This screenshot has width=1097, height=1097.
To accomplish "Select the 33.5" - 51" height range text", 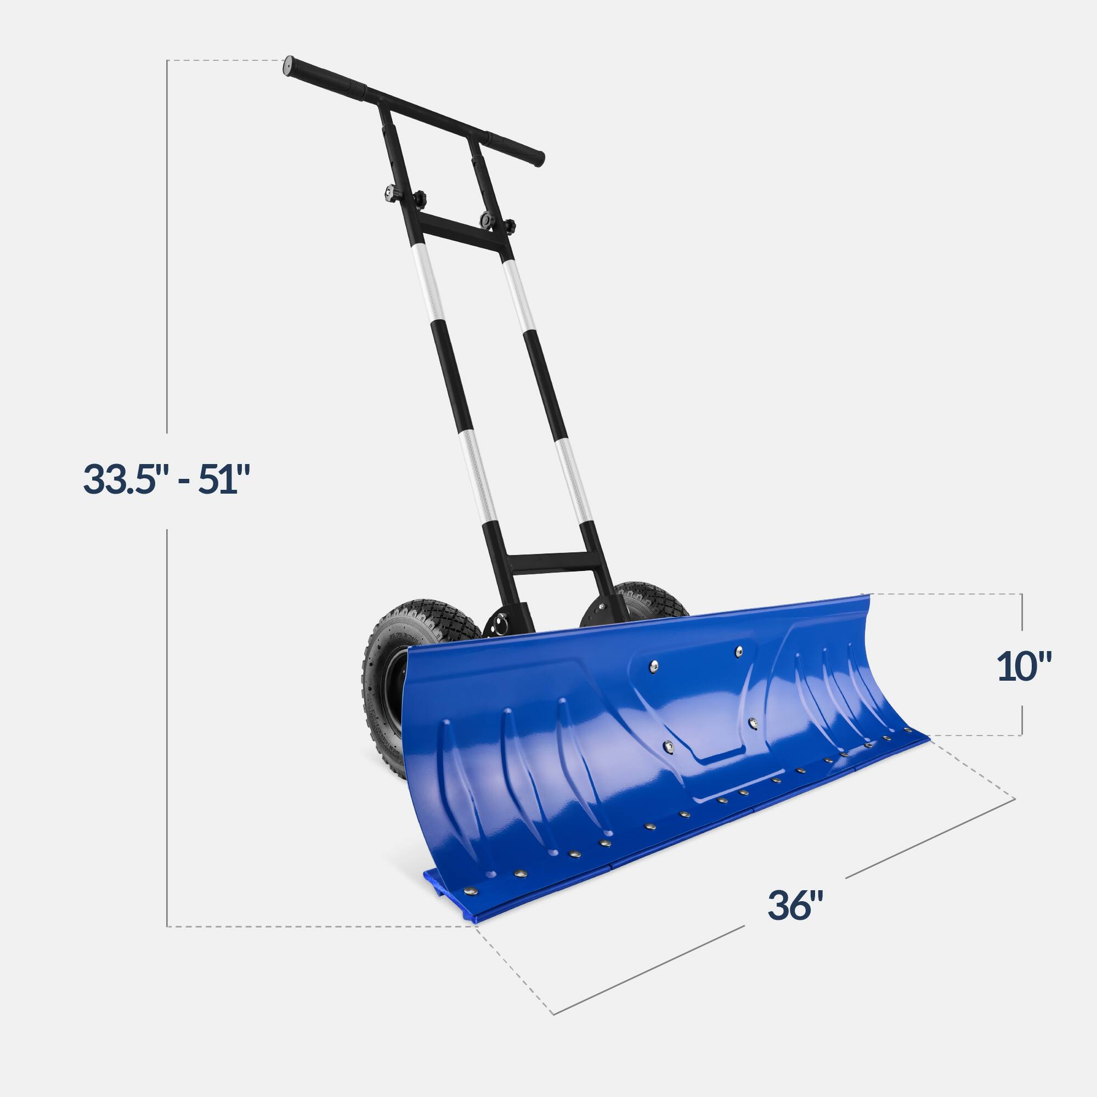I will point(166,479).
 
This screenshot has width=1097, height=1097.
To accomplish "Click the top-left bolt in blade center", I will point(654,665).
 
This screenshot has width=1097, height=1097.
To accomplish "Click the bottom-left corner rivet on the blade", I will point(469,891).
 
